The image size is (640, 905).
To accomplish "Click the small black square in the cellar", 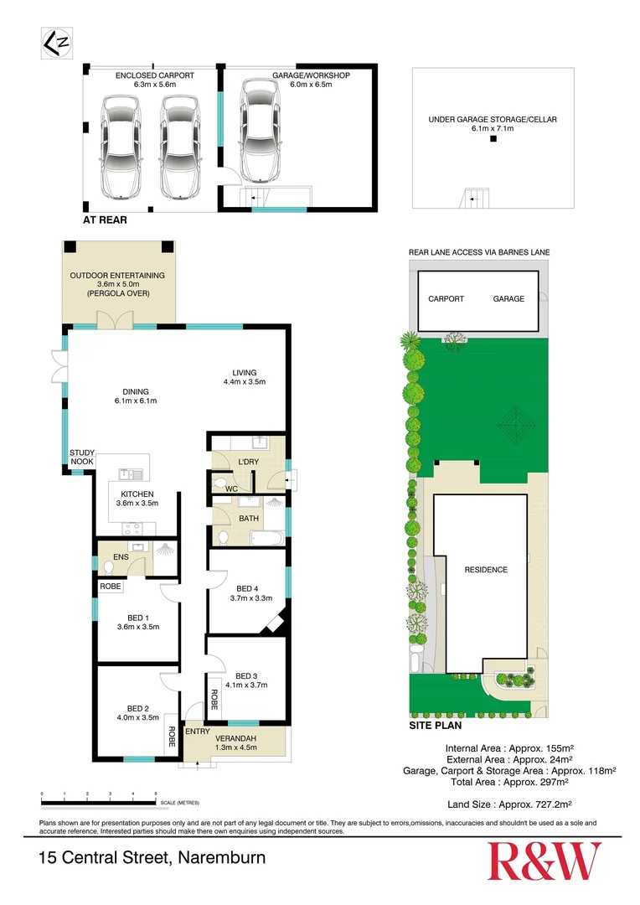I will click(x=493, y=140).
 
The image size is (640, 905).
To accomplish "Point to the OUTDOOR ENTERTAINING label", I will click(x=117, y=276).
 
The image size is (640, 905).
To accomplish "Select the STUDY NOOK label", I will click(x=82, y=456).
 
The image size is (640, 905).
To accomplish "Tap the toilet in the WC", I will click(x=219, y=484).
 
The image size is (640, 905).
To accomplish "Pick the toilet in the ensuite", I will click(x=108, y=566).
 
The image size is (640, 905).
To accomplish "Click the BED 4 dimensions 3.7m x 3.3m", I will click(x=250, y=598).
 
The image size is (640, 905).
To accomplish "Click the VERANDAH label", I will click(x=250, y=737).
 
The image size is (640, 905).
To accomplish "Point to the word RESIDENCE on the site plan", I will click(x=486, y=570).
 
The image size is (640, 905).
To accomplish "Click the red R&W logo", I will click(x=545, y=861).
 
